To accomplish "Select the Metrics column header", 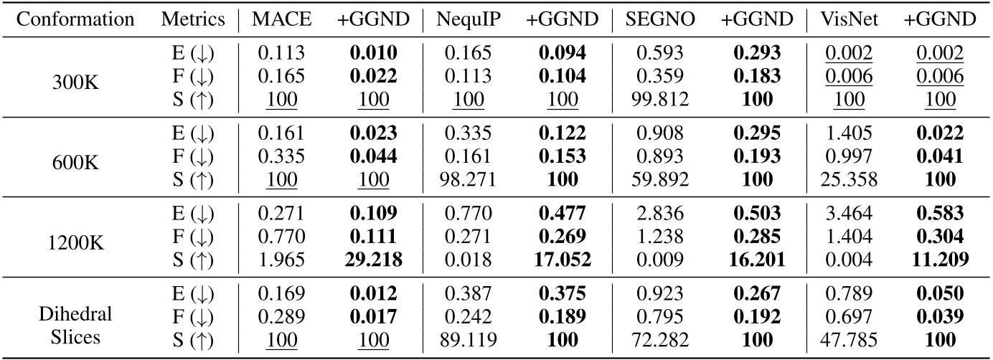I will [x=192, y=19].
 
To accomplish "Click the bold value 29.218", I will [x=372, y=259].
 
